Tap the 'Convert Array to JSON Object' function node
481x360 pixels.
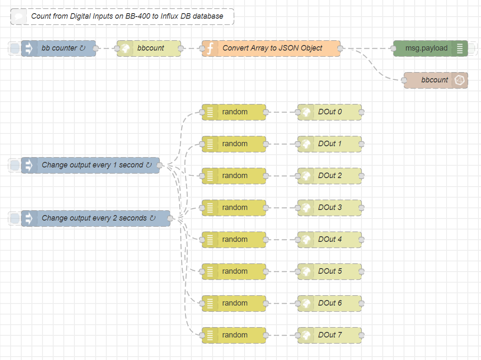[272, 48]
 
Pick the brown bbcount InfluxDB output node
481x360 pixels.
[434, 80]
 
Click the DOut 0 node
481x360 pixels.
[330, 112]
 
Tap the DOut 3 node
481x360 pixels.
[330, 208]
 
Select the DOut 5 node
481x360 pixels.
[330, 272]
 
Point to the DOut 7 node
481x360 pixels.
[330, 335]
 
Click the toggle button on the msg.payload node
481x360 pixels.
[471, 48]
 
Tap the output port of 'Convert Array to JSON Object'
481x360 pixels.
[340, 48]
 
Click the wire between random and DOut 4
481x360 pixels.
[282, 240]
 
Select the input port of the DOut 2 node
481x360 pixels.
[298, 176]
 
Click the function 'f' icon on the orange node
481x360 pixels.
[210, 48]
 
